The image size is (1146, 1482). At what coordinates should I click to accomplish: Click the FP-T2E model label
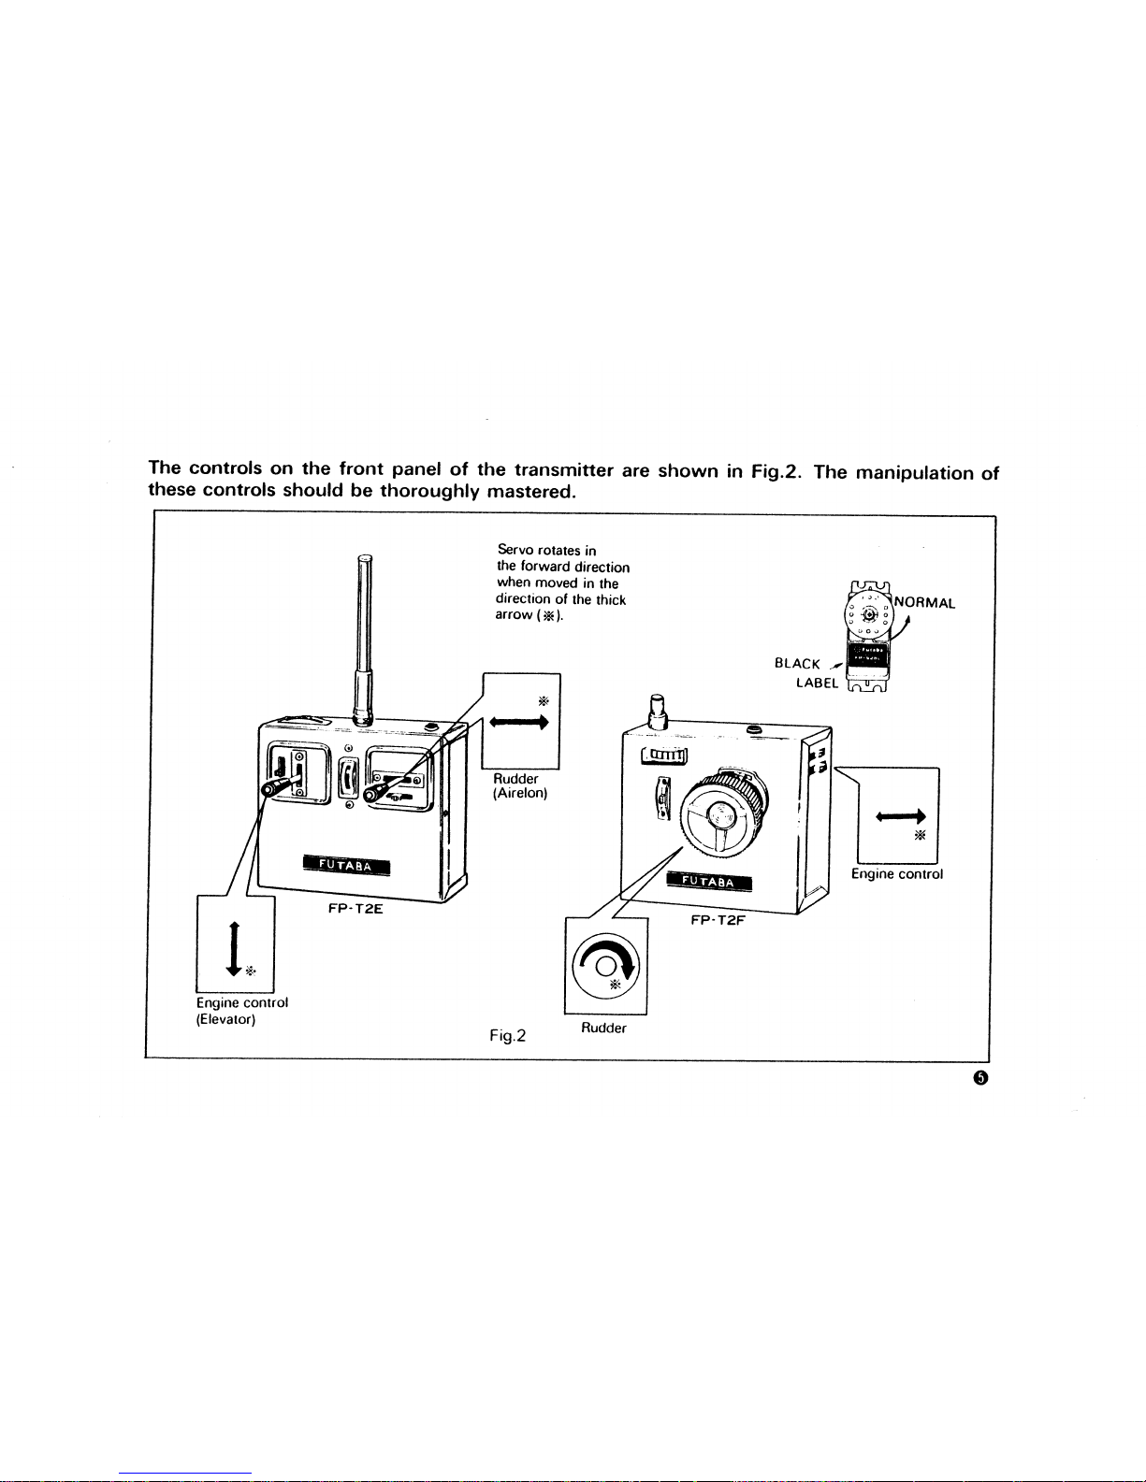[355, 909]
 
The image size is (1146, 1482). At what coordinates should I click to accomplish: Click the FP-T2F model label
[718, 920]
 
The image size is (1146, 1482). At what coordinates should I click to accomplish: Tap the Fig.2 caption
[507, 1036]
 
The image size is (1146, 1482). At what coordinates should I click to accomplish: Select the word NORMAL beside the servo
[924, 603]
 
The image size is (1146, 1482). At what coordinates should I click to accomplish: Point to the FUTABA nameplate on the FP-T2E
[346, 866]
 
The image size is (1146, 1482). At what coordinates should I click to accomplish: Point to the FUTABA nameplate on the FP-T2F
[709, 881]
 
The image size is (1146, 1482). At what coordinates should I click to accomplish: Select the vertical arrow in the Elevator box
[234, 949]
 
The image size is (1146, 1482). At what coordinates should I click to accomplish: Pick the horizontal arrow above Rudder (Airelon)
[519, 722]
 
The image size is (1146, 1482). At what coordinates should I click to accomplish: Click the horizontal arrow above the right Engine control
[900, 816]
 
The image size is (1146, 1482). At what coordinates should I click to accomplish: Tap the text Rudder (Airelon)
[520, 785]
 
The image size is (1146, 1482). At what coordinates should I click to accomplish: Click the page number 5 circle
[981, 1077]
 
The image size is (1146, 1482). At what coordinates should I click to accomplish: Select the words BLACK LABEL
[806, 673]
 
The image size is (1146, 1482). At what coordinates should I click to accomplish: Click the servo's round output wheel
[868, 615]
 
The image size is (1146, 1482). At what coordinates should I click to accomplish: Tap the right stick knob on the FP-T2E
[372, 794]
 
